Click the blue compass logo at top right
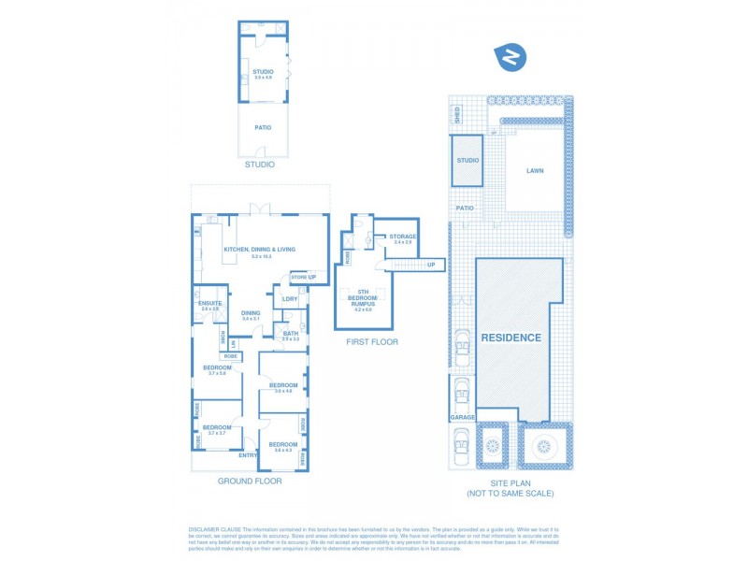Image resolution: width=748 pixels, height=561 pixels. [x=511, y=58]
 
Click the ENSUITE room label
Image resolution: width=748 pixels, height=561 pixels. [x=210, y=303]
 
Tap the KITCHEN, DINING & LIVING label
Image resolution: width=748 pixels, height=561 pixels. [x=260, y=250]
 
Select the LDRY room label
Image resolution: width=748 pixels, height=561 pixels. [x=290, y=299]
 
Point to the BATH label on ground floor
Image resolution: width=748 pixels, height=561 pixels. [x=291, y=334]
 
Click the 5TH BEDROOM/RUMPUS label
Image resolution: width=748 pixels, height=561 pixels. [x=363, y=298]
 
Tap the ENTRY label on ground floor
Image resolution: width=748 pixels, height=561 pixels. [x=248, y=455]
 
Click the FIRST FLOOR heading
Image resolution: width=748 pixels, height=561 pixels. [x=371, y=342]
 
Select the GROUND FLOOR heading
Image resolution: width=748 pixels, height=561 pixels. [x=250, y=481]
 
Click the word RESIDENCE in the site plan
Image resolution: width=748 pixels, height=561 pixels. [x=511, y=338]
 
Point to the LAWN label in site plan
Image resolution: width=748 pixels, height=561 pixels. [x=535, y=171]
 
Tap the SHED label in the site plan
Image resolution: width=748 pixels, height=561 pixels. [x=457, y=115]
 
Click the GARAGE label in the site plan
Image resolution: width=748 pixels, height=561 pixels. [x=463, y=417]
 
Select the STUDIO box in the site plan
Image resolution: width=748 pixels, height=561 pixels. [x=467, y=160]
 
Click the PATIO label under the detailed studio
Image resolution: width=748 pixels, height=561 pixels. [x=263, y=127]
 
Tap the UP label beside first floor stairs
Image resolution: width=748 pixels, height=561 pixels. [x=431, y=265]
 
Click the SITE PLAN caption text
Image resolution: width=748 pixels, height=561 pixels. [x=511, y=483]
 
